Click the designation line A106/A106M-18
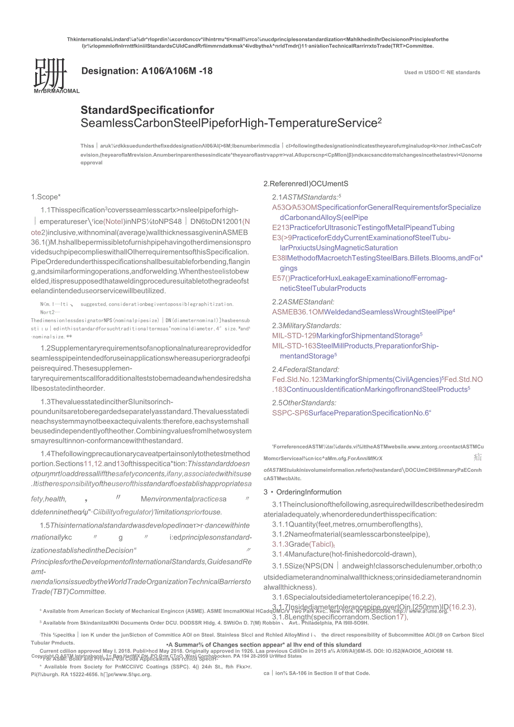pos(147,71)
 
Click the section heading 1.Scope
pos(46,197)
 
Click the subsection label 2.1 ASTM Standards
pos(306,197)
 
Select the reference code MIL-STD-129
pos(294,336)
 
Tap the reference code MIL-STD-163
pos(294,346)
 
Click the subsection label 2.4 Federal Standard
pos(306,369)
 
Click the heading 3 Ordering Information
pos(302,492)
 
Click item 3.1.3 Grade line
pos(303,544)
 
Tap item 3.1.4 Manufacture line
pos(344,554)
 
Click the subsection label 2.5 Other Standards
pos(304,403)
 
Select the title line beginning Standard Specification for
pos(147,110)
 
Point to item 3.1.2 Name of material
pos(351,534)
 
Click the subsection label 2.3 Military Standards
pos(307,326)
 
